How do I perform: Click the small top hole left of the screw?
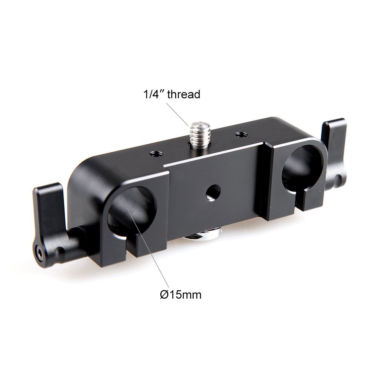click(155, 153)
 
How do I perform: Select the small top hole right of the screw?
click(240, 134)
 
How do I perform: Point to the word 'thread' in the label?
click(183, 94)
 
